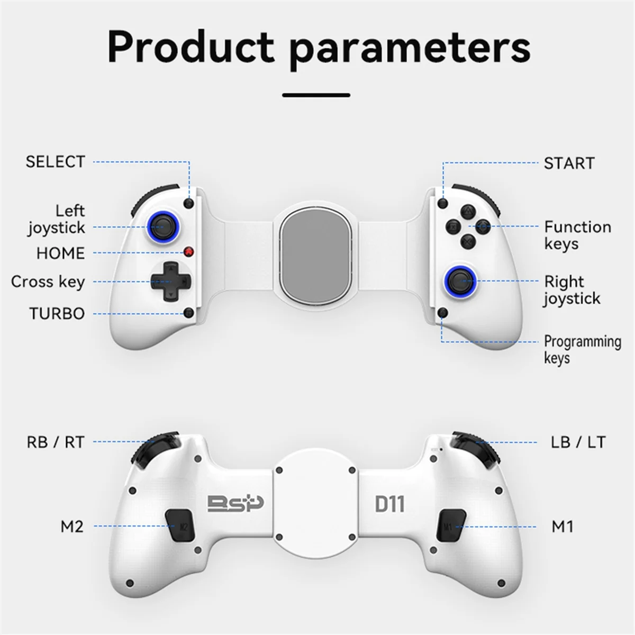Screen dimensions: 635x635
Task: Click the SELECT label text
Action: click(55, 161)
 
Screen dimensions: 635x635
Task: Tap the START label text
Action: click(569, 163)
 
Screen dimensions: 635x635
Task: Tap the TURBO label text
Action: click(57, 313)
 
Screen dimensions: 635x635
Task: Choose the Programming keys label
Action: click(582, 350)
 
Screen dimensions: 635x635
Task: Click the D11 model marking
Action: click(389, 504)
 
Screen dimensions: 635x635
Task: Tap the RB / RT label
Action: click(56, 442)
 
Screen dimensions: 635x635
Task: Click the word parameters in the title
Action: click(410, 48)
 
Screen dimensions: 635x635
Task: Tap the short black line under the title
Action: click(316, 95)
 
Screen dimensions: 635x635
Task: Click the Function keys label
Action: click(577, 235)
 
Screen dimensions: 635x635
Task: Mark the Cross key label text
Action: click(48, 282)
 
